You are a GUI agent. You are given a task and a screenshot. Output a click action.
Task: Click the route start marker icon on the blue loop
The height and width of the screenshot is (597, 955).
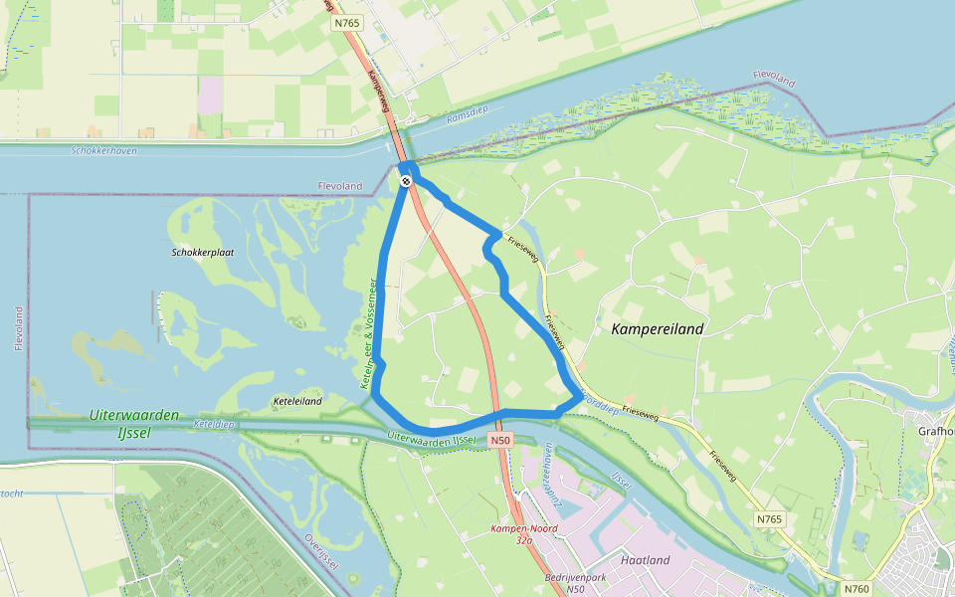tap(406, 180)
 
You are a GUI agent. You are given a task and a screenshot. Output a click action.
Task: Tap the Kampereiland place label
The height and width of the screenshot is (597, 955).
tap(658, 328)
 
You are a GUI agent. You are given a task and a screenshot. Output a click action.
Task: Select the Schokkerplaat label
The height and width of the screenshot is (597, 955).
tap(202, 253)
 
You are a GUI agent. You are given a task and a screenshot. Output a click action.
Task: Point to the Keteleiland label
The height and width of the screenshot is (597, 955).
tap(296, 402)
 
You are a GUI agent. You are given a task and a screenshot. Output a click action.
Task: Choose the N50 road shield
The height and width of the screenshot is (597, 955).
tap(500, 440)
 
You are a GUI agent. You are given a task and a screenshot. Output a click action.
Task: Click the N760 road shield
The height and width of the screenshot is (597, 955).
tap(857, 588)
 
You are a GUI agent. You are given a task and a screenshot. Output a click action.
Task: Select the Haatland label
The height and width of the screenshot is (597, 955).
tap(644, 560)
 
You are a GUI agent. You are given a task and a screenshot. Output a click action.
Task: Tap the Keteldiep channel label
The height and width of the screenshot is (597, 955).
tap(214, 425)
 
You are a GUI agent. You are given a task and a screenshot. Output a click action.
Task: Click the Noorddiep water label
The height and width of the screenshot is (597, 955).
tap(600, 408)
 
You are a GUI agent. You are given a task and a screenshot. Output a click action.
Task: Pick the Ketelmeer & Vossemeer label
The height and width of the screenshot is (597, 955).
tap(369, 333)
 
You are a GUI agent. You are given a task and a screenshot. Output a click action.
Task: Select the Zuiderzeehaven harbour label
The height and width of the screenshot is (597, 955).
tap(548, 477)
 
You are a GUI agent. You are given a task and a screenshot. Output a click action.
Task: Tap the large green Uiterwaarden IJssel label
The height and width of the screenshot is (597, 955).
tap(133, 422)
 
